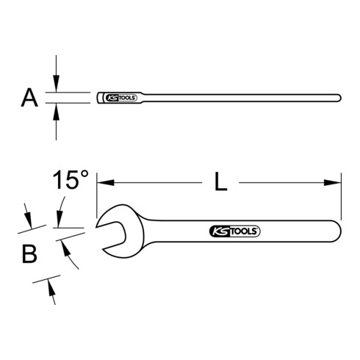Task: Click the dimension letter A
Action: [x=29, y=98]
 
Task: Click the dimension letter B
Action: [x=29, y=255]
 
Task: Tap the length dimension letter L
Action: [x=220, y=181]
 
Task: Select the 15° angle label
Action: [x=71, y=180]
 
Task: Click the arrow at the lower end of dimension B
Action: [x=51, y=288]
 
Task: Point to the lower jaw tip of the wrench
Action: [x=104, y=249]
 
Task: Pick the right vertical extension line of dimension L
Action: [x=342, y=192]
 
